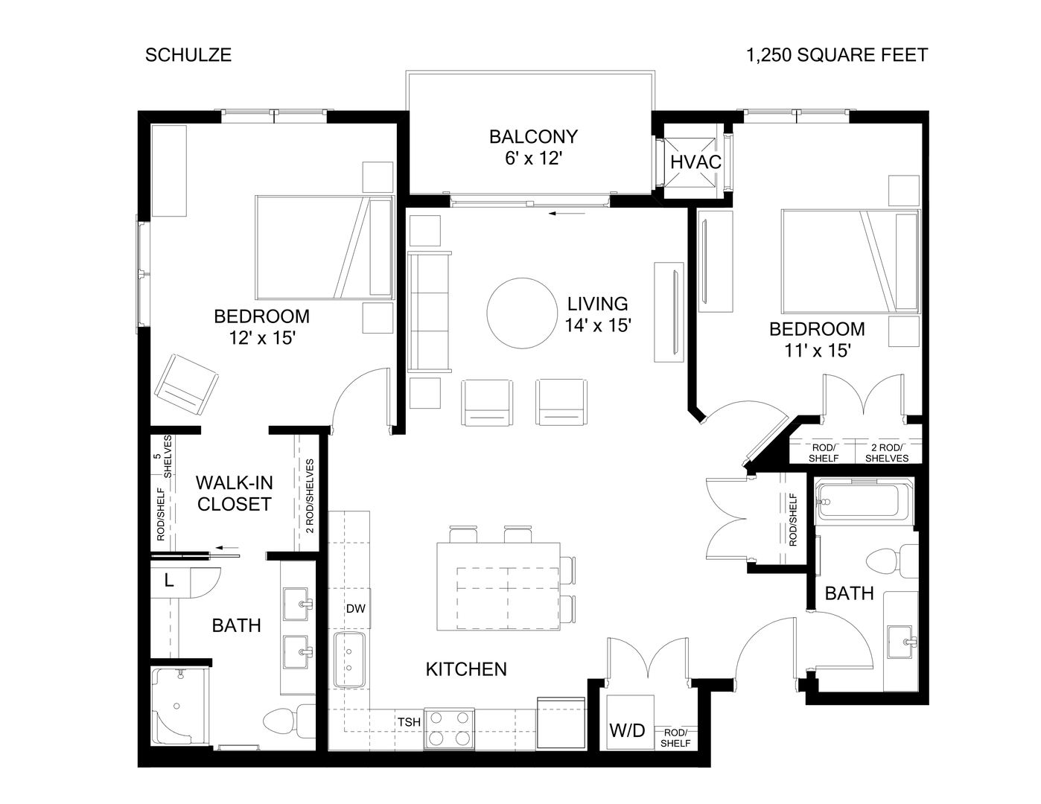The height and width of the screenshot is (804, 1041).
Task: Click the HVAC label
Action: tap(695, 162)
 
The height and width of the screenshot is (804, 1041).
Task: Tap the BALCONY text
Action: tap(533, 137)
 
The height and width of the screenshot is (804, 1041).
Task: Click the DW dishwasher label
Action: tap(355, 608)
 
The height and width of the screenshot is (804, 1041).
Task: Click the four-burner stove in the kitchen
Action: tap(449, 728)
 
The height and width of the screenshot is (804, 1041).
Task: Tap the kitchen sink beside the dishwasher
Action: tap(348, 660)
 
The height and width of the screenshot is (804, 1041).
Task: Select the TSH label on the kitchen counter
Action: tap(408, 722)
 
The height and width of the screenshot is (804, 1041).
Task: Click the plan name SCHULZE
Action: tap(188, 55)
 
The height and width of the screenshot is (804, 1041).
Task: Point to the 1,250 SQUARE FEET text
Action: tap(838, 55)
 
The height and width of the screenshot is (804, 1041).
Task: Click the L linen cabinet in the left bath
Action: tap(170, 581)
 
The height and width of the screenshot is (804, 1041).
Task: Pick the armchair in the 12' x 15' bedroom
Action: tap(186, 384)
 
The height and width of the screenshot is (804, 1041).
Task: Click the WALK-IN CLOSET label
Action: tap(234, 494)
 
